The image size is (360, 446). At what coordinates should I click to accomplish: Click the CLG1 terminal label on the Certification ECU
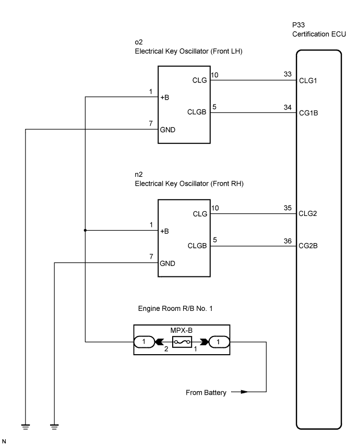pyautogui.click(x=308, y=80)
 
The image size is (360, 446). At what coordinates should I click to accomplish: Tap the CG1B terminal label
pyautogui.click(x=308, y=113)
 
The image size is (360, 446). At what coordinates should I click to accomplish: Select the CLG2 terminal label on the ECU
pyautogui.click(x=308, y=213)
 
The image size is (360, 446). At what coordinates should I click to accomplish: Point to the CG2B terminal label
pyautogui.click(x=308, y=246)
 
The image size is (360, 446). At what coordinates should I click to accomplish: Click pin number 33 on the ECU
pyautogui.click(x=287, y=74)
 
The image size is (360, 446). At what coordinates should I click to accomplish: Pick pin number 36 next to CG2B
pyautogui.click(x=287, y=241)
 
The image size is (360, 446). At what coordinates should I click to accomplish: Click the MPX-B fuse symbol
pyautogui.click(x=182, y=342)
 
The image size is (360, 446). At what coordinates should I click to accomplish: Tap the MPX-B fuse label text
pyautogui.click(x=181, y=330)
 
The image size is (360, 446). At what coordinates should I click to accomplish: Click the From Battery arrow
pyautogui.click(x=239, y=392)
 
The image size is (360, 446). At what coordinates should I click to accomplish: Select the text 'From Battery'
pyautogui.click(x=206, y=392)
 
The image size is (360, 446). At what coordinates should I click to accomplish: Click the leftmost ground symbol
pyautogui.click(x=26, y=426)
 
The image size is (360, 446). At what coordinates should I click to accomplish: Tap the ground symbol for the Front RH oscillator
pyautogui.click(x=54, y=426)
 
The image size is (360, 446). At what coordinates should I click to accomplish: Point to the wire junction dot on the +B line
pyautogui.click(x=85, y=230)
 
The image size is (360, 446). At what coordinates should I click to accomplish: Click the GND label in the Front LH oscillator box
pyautogui.click(x=167, y=130)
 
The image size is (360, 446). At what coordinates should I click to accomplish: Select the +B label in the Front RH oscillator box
pyautogui.click(x=165, y=231)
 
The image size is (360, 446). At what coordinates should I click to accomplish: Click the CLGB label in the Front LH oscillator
pyautogui.click(x=197, y=112)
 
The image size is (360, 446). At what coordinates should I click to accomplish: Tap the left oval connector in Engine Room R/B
pyautogui.click(x=144, y=342)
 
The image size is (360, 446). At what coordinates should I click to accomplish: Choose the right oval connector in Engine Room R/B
pyautogui.click(x=219, y=342)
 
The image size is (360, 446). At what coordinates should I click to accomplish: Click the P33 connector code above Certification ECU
pyautogui.click(x=298, y=25)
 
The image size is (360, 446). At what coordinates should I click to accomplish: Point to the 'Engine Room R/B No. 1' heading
pyautogui.click(x=175, y=309)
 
